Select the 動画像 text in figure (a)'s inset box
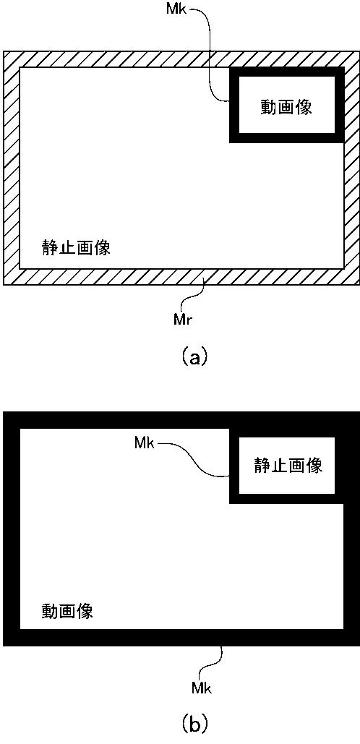coord(286,107)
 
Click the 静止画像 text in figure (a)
coord(76,248)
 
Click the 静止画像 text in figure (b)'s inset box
coord(288,465)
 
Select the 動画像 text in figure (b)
coord(67,610)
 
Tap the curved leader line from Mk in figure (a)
coord(209,52)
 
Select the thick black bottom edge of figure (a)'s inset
coord(286,138)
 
